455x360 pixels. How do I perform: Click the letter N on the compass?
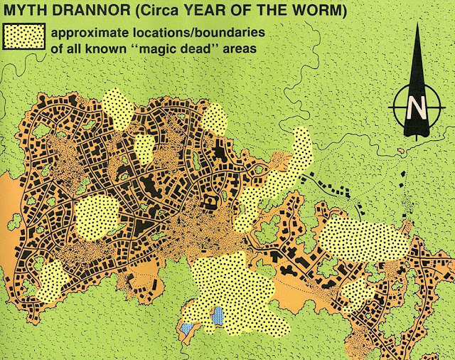tap(416, 109)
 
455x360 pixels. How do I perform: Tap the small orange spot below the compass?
tap(402, 151)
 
